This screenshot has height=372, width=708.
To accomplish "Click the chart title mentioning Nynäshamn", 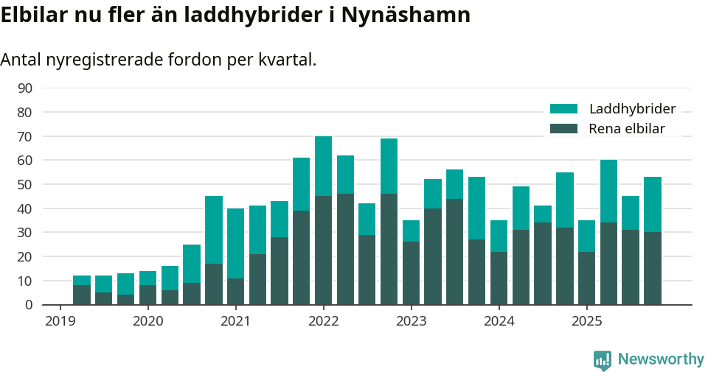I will coord(235,15).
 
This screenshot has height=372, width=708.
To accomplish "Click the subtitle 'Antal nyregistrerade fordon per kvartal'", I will coord(159,60).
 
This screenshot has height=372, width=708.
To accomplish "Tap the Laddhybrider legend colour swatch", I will coord(564,109).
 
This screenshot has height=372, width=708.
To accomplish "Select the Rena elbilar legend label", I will coord(627,129).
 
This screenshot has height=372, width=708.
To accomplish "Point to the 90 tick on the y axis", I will coord(24,88).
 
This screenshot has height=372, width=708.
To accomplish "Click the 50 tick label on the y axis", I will coord(24,184).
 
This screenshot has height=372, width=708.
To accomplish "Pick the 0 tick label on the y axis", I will coord(28,305).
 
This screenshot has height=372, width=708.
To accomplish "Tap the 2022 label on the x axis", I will coord(323,321).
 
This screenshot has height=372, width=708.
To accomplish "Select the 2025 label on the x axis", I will coord(586,321).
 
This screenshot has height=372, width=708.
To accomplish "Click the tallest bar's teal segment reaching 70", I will coord(323,166).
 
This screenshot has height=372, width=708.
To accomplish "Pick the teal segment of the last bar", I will coord(652,204).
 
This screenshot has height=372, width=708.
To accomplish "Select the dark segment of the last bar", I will coord(652,268).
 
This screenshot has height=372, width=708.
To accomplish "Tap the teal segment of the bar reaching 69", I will coord(389,166).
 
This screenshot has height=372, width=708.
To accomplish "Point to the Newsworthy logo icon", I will coord(603,360).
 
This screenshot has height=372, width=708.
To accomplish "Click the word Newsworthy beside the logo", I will coord(661,359).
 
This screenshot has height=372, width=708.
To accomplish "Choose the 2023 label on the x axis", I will coord(411,321).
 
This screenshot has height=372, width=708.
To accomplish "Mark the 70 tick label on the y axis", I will coord(24,136).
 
